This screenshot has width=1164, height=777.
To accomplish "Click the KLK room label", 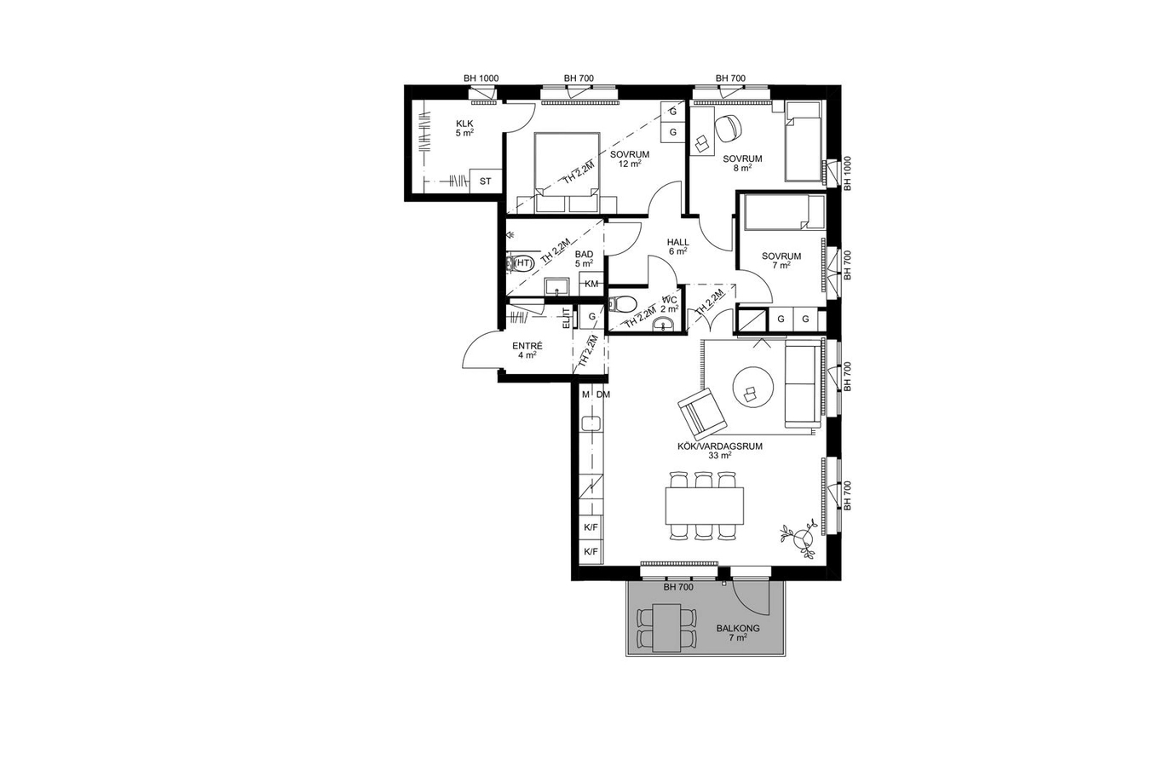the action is pos(464,124).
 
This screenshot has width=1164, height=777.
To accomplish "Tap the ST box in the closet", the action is pos(486,181).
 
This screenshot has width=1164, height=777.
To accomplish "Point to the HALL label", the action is pos(678,242).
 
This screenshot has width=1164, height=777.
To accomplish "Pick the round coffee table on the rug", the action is pos(753,387).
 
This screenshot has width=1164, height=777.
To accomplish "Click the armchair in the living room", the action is pos(702,413).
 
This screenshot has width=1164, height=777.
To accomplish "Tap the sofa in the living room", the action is pos(803,384).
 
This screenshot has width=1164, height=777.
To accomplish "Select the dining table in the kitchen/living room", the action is pos(704,505).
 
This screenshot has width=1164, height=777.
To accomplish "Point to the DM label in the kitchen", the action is pos(603,394).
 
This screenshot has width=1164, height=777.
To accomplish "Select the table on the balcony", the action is pos(666,627).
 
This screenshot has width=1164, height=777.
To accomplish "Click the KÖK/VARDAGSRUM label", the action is pos(720,446).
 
